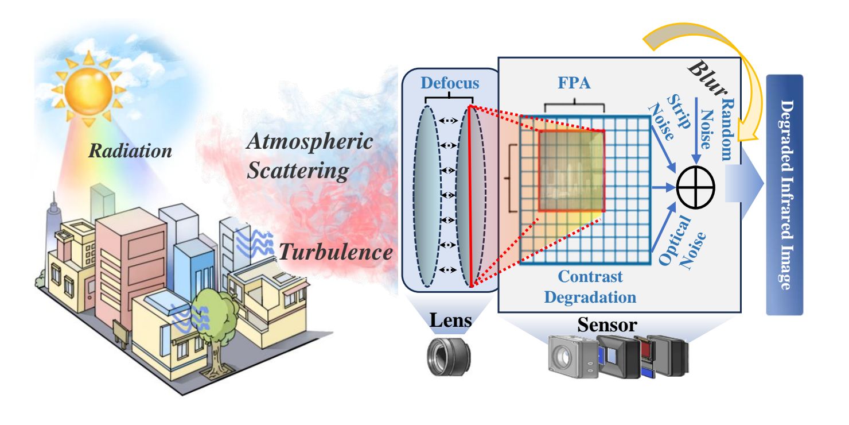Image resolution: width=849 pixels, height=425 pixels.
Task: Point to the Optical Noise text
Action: [x=680, y=242]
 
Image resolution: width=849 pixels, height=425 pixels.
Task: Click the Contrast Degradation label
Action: [x=590, y=287]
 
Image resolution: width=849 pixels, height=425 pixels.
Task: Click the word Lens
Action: [x=449, y=322]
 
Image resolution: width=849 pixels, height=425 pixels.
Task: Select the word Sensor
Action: [x=606, y=325]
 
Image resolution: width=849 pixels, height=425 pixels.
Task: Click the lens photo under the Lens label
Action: [x=449, y=357]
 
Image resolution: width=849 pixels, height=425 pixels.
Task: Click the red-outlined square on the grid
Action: [x=571, y=170]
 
